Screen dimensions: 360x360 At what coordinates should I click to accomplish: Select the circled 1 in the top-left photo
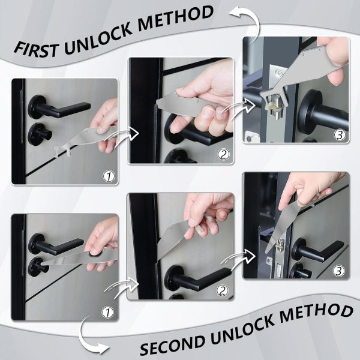pos(109,176)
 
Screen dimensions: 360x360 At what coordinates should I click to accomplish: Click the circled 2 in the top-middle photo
pos(223,154)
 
